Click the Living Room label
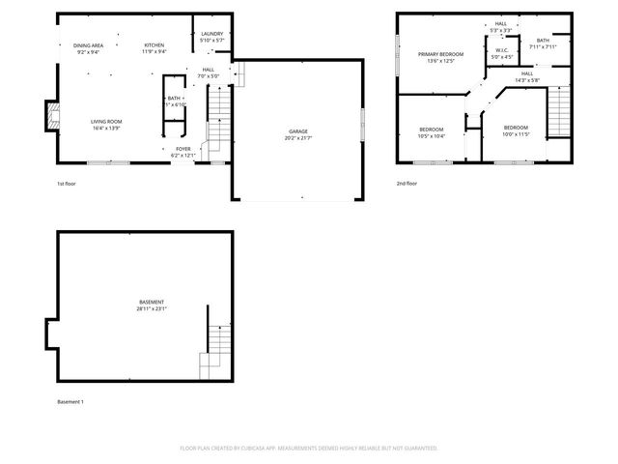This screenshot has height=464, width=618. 106,121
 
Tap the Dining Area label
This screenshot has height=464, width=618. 88,45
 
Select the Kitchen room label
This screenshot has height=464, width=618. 154,45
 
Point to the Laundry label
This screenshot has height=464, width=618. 211,34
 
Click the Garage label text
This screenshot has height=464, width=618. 298,130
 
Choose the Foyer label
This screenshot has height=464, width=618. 183,149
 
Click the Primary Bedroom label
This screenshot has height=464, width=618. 440,54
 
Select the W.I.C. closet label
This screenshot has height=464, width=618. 502,50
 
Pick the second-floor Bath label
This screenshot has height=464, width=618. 543,41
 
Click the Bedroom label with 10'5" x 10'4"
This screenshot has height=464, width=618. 431,129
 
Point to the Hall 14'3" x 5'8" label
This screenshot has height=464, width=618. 526,73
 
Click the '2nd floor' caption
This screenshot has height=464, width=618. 407,183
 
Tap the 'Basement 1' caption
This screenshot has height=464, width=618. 70,401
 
